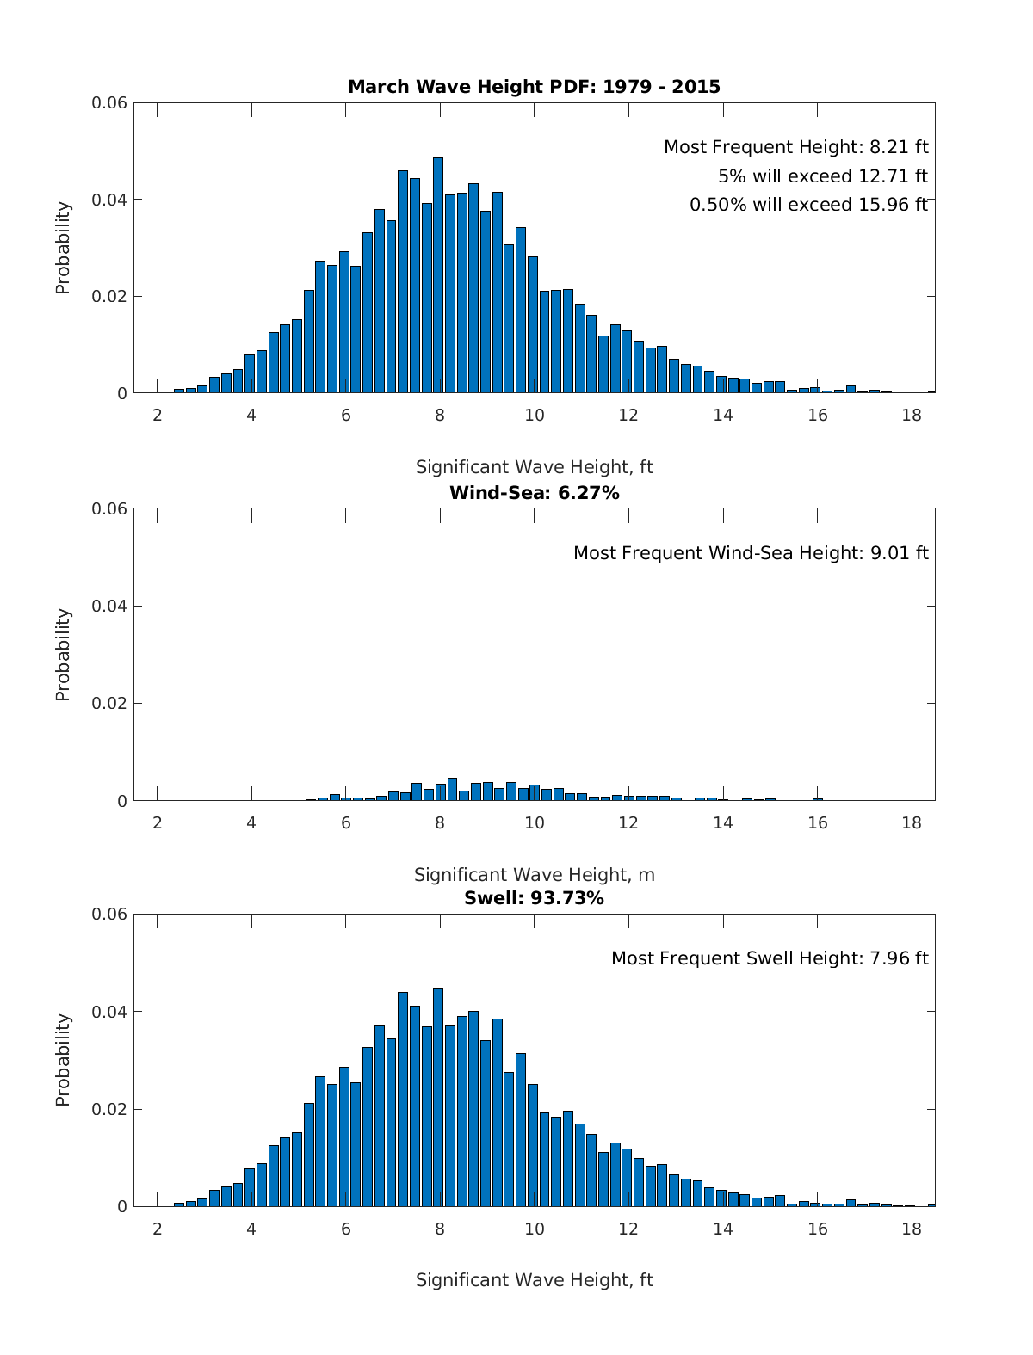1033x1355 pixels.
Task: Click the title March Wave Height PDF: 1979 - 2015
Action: click(534, 87)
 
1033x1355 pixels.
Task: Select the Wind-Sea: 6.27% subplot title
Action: click(534, 493)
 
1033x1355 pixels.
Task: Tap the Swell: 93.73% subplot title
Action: click(534, 898)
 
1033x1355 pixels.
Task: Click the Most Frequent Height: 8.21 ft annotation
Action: click(795, 147)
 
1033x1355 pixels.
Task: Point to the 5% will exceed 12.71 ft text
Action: click(822, 176)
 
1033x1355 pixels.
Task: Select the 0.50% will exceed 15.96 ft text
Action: click(808, 205)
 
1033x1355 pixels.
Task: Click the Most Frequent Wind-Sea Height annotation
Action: click(751, 553)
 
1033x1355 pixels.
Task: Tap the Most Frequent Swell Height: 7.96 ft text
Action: click(770, 958)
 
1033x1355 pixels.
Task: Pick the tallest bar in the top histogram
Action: click(438, 275)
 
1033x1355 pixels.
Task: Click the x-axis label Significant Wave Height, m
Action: click(534, 875)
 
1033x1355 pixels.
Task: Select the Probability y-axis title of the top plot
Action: click(63, 248)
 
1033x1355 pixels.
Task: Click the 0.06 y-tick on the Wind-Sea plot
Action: click(109, 508)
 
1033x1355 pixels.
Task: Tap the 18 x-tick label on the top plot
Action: click(911, 415)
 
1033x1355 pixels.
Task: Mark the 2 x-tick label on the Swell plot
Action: click(158, 1229)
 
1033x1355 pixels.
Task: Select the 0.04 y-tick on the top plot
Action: click(109, 200)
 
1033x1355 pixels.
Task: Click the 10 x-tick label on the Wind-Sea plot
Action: click(534, 822)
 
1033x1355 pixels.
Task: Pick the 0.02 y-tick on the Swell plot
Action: click(109, 1109)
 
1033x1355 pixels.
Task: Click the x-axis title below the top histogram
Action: click(534, 467)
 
